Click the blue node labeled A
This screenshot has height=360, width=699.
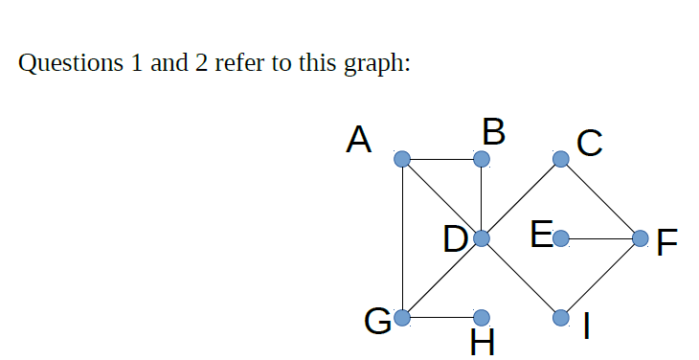coord(403,158)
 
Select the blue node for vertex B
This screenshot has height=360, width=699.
coord(482,158)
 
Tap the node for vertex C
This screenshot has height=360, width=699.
coord(561,158)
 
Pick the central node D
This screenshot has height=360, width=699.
coord(482,237)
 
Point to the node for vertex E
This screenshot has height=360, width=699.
coord(561,237)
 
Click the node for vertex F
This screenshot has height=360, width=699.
coord(640,237)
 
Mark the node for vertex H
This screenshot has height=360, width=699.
coord(482,317)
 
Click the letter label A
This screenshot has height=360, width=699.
coord(359,141)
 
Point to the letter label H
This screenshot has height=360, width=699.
coord(484,342)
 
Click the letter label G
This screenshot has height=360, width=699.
coord(377,320)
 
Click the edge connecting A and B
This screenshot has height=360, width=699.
coord(442,158)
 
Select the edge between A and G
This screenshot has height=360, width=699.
coord(403,237)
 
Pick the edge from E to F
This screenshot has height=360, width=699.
coord(600,237)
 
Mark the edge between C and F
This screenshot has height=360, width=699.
coord(600,197)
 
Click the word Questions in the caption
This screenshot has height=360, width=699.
coord(66,65)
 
